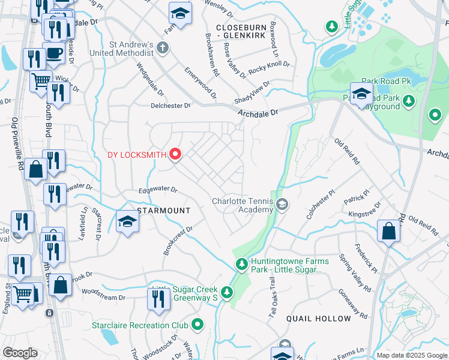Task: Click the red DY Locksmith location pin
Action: tap(175, 154)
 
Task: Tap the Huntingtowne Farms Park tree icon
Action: tap(241, 264)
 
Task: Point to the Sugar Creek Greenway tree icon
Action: tap(226, 292)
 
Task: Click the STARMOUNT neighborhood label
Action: tap(164, 211)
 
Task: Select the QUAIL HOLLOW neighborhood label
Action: tap(318, 319)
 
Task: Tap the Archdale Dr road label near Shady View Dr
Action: tap(258, 112)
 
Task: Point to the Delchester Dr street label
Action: tap(170, 106)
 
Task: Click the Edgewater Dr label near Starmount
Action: tap(158, 190)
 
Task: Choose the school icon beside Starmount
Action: tap(127, 221)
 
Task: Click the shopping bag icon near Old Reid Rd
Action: tap(389, 230)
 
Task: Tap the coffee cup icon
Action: tap(53, 52)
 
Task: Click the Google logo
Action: tap(20, 353)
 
